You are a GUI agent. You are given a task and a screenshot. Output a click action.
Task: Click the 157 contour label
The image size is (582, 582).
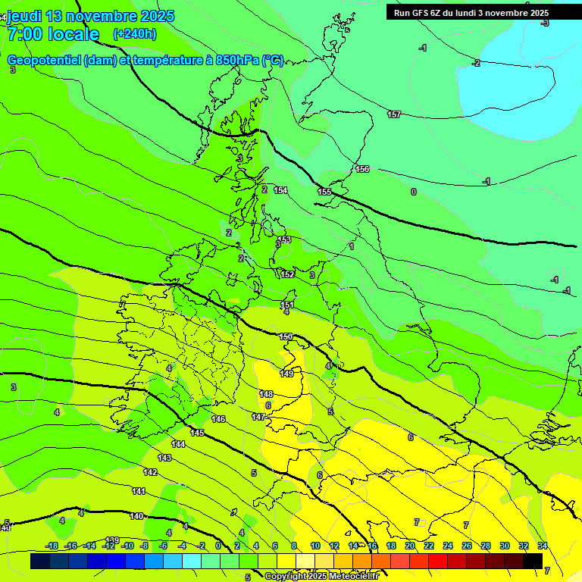click(394, 114)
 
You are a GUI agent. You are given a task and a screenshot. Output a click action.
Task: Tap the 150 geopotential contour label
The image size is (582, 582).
click(286, 336)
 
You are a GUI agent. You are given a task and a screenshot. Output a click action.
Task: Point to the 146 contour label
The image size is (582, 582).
click(218, 419)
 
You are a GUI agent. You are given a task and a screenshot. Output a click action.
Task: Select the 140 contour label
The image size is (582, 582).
click(136, 516)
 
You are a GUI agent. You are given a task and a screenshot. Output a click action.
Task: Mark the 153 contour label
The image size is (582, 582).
click(284, 239)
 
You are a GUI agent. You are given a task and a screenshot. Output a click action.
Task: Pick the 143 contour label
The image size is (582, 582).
click(164, 458)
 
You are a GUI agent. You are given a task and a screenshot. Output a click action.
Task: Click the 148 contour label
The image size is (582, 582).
click(266, 394)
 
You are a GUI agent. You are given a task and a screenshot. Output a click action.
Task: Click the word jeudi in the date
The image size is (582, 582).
click(25, 16)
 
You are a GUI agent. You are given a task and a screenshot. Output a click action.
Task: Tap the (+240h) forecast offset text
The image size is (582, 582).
click(135, 34)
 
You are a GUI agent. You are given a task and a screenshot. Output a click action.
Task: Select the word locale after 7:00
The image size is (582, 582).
click(72, 34)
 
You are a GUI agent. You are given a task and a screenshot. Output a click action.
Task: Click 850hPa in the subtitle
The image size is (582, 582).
click(236, 61)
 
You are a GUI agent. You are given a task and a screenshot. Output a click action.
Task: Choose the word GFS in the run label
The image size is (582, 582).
click(422, 13)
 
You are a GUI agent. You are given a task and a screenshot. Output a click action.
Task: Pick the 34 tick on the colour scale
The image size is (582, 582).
click(543, 546)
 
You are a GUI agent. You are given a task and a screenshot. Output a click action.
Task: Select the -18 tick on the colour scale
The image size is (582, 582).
click(52, 546)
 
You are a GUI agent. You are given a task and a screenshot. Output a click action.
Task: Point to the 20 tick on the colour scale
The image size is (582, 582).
click(410, 546)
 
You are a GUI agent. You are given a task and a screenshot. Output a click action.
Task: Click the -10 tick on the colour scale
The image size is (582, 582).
click(127, 546)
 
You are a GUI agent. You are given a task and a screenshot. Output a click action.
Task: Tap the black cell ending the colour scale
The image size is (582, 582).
click(533, 561)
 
